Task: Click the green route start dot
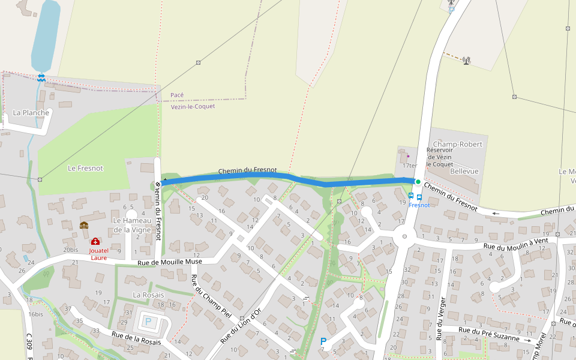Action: [418, 181]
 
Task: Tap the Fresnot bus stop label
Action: [419, 205]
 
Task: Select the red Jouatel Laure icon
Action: [95, 241]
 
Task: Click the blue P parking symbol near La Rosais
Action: [148, 322]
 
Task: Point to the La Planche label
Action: [31, 113]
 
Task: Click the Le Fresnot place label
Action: [85, 169]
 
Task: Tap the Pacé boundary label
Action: [177, 95]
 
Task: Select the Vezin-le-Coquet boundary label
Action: [193, 106]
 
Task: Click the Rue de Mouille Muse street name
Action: [170, 262]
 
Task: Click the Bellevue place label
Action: [464, 171]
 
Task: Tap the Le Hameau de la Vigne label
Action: [131, 225]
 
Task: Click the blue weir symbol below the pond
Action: [41, 77]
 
